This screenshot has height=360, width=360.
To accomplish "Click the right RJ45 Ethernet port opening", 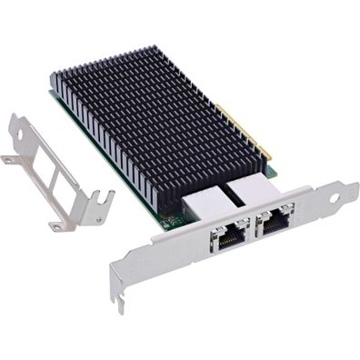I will pyautogui.click(x=275, y=220).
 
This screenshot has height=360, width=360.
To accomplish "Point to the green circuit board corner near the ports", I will pyautogui.click(x=169, y=218).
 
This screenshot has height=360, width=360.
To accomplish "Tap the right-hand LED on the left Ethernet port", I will pyautogui.click(x=238, y=228).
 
